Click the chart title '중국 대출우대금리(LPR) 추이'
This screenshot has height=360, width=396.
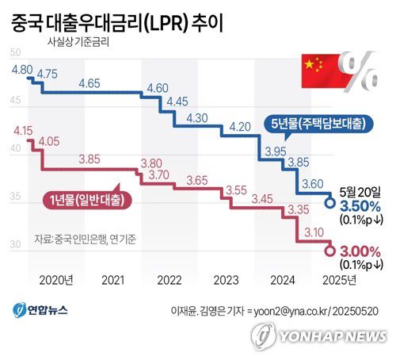(x=116, y=21)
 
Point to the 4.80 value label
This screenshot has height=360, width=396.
(x=21, y=69)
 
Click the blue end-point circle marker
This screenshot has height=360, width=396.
(x=329, y=203)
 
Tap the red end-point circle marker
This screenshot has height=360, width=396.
(x=329, y=251)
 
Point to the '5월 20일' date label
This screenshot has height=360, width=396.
(x=358, y=191)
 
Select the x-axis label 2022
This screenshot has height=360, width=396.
(x=169, y=280)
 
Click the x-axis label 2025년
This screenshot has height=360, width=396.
(x=339, y=280)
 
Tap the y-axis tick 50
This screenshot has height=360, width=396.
(x=15, y=53)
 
